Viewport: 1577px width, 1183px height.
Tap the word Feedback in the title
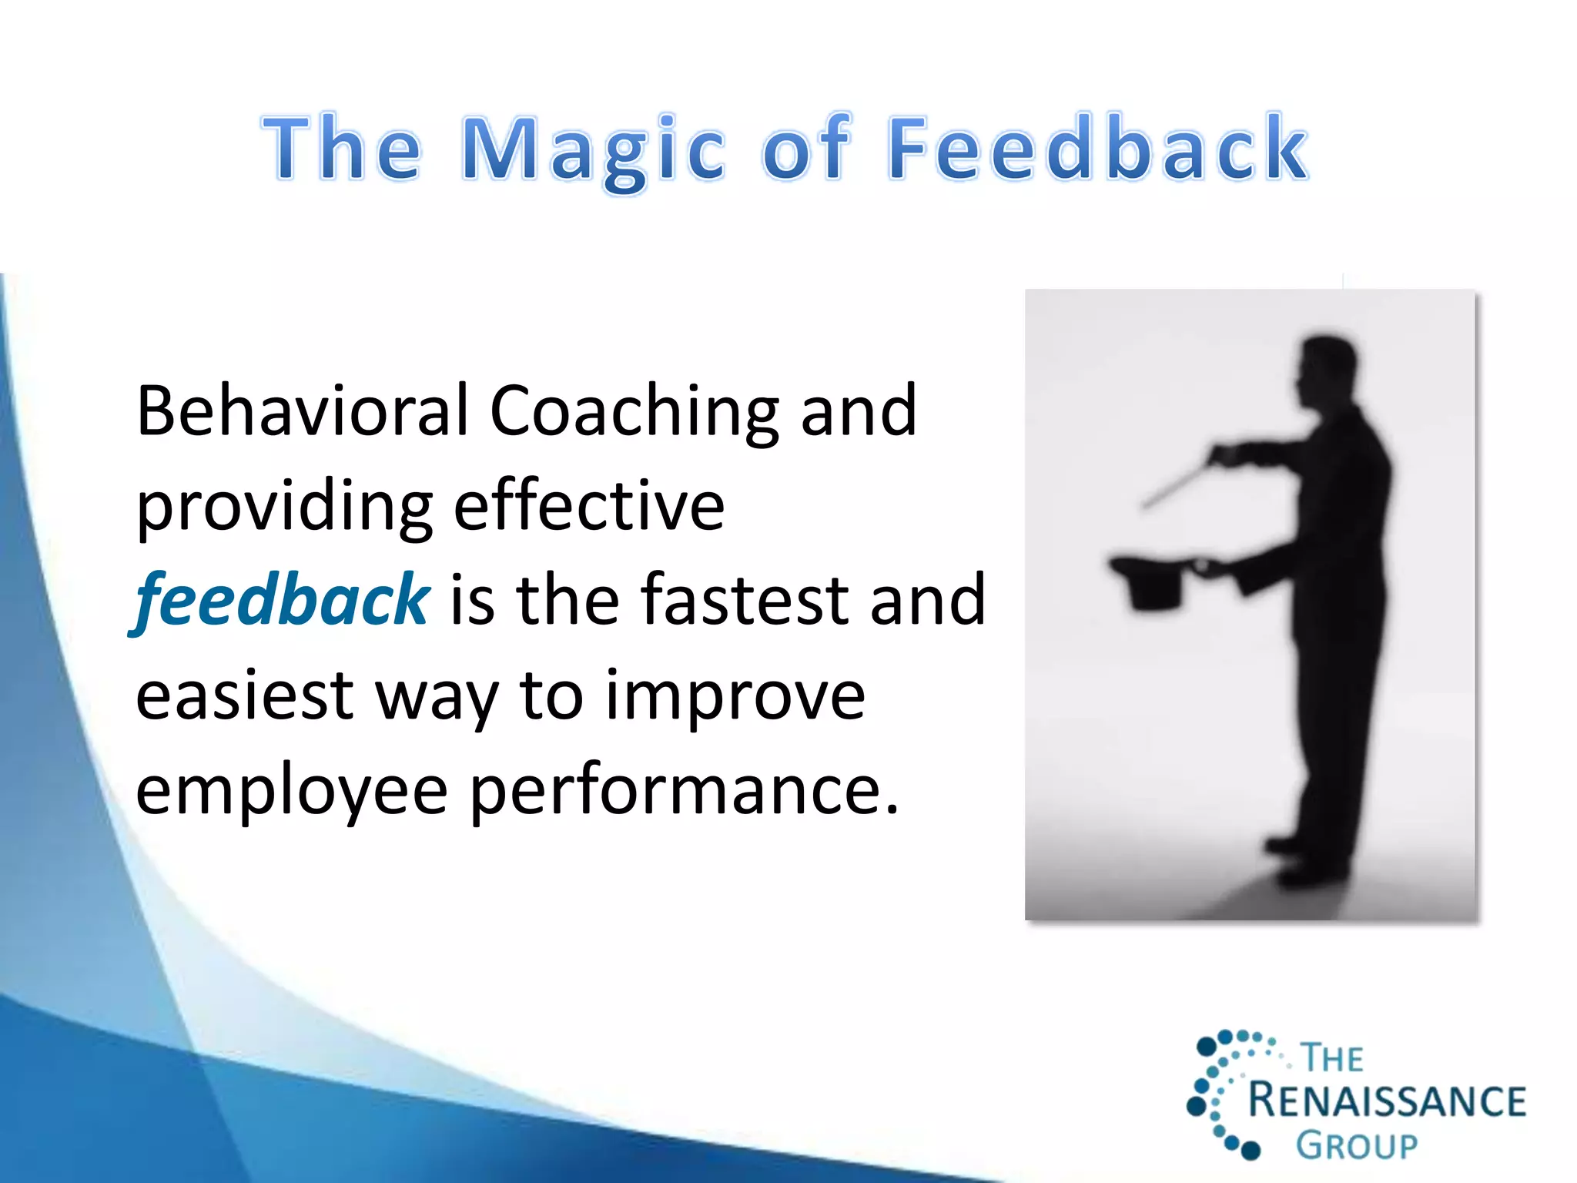1097,147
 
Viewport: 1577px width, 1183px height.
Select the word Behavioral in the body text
302,411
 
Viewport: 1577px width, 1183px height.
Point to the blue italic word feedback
282,601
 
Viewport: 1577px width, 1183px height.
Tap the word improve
735,697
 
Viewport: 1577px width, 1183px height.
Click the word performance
684,793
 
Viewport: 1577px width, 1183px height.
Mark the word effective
589,506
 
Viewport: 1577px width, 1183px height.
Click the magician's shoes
1309,863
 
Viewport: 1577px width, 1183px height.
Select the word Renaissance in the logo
1386,1101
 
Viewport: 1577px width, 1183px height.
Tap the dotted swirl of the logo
1220,1094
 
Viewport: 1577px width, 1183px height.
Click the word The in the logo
1332,1058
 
